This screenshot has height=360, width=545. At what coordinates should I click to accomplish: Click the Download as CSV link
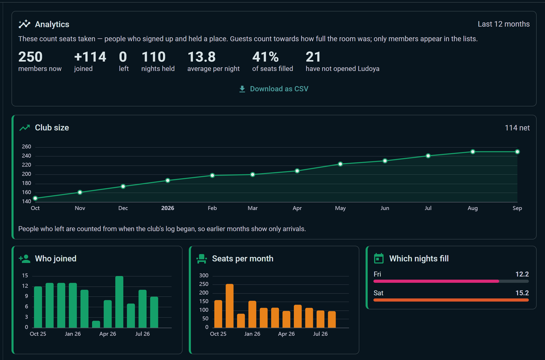coord(274,89)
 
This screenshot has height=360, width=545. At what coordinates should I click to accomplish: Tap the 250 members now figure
coord(30,57)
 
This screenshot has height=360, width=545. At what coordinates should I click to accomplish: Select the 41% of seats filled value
coord(265,57)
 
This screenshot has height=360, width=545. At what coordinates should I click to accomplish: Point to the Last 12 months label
coord(504,24)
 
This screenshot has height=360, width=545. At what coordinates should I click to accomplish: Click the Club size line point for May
coord(340,164)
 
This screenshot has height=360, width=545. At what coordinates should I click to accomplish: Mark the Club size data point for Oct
coord(35,198)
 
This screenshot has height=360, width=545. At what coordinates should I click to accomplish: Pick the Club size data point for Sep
coord(517,152)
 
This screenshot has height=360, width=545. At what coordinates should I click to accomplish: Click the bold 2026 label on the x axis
coord(168,208)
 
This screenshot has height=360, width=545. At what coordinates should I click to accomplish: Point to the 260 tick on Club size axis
coord(26,147)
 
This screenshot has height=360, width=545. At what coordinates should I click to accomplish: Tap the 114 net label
coord(517,128)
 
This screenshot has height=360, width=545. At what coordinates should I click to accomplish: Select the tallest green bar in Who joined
coord(119,302)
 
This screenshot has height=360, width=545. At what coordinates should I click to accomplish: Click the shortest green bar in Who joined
coord(96,324)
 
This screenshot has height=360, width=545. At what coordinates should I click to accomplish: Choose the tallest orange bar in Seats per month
coord(230,306)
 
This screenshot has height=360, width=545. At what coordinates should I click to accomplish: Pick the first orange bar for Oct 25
coord(218,314)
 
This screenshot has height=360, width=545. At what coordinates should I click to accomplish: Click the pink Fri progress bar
coord(436,281)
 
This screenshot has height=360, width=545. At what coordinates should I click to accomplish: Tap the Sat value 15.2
coord(522,293)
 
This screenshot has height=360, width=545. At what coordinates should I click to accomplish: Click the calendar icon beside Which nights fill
coord(379,259)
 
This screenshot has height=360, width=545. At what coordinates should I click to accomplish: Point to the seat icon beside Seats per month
coord(202,259)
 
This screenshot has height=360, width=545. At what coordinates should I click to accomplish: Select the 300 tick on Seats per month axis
coord(204,275)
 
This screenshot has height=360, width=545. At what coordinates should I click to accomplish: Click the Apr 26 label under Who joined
coord(108,334)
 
